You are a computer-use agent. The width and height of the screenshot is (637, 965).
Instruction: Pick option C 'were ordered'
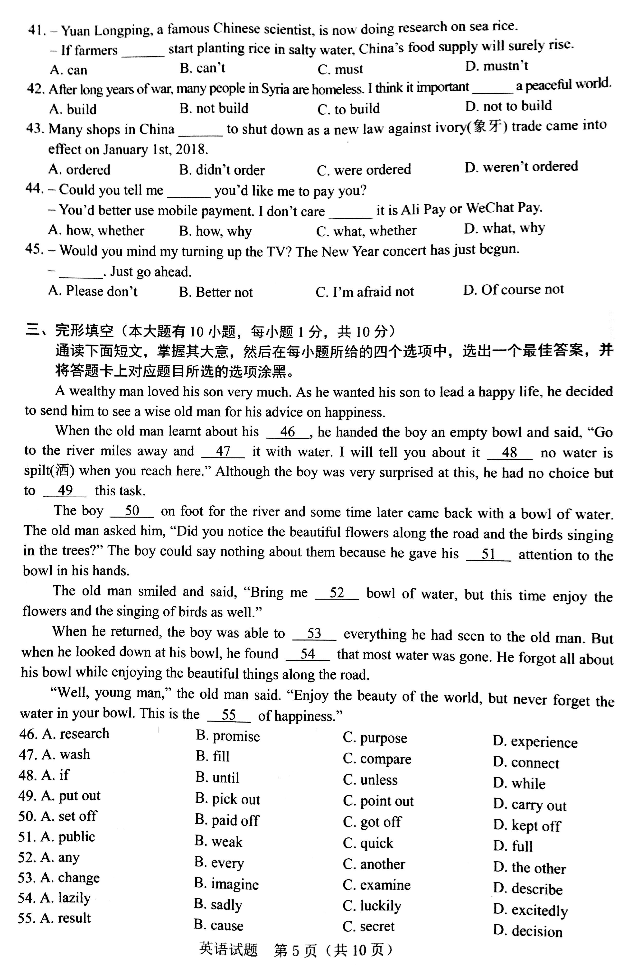pos(364,170)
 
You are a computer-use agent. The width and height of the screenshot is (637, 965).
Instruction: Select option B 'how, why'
pos(215,231)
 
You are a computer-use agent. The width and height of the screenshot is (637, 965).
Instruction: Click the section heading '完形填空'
pos(84,331)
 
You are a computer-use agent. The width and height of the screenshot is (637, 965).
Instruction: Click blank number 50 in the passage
pos(132,511)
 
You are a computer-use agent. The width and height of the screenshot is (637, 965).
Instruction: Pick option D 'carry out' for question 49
pos(530,805)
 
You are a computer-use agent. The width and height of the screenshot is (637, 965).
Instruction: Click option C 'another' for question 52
pos(374,864)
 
